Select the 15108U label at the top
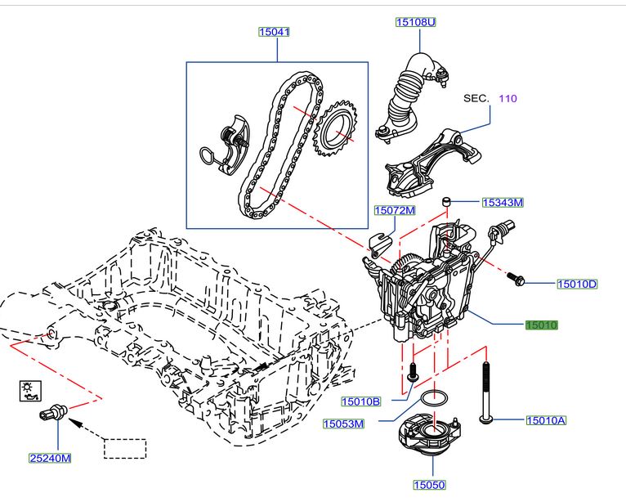pyautogui.click(x=416, y=23)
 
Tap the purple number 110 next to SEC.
pyautogui.click(x=508, y=98)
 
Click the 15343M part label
pyautogui.click(x=503, y=202)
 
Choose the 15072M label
pyautogui.click(x=395, y=210)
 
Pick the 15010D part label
pyautogui.click(x=577, y=284)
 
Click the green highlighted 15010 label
pyautogui.click(x=541, y=325)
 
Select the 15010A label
pyautogui.click(x=546, y=420)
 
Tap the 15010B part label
pyautogui.click(x=360, y=401)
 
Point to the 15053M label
pyautogui.click(x=344, y=424)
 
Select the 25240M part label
pyautogui.click(x=49, y=458)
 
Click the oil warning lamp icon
pyautogui.click(x=29, y=391)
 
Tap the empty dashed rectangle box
pyautogui.click(x=124, y=449)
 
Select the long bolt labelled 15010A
pyautogui.click(x=485, y=392)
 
